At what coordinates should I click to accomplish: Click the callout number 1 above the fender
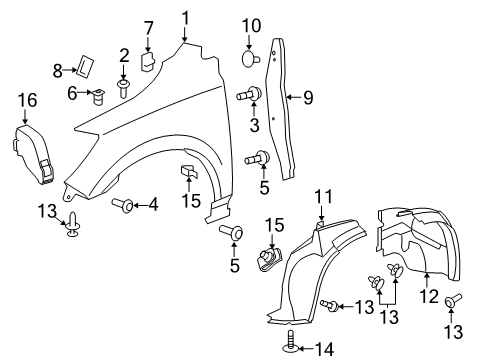click(185, 16)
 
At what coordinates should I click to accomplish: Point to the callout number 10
click(250, 25)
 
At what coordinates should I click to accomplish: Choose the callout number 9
click(309, 98)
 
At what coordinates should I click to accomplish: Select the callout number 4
click(152, 205)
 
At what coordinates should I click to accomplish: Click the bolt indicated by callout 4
click(125, 205)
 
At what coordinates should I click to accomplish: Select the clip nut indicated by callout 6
click(98, 97)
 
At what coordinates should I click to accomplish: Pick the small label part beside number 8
click(84, 67)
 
